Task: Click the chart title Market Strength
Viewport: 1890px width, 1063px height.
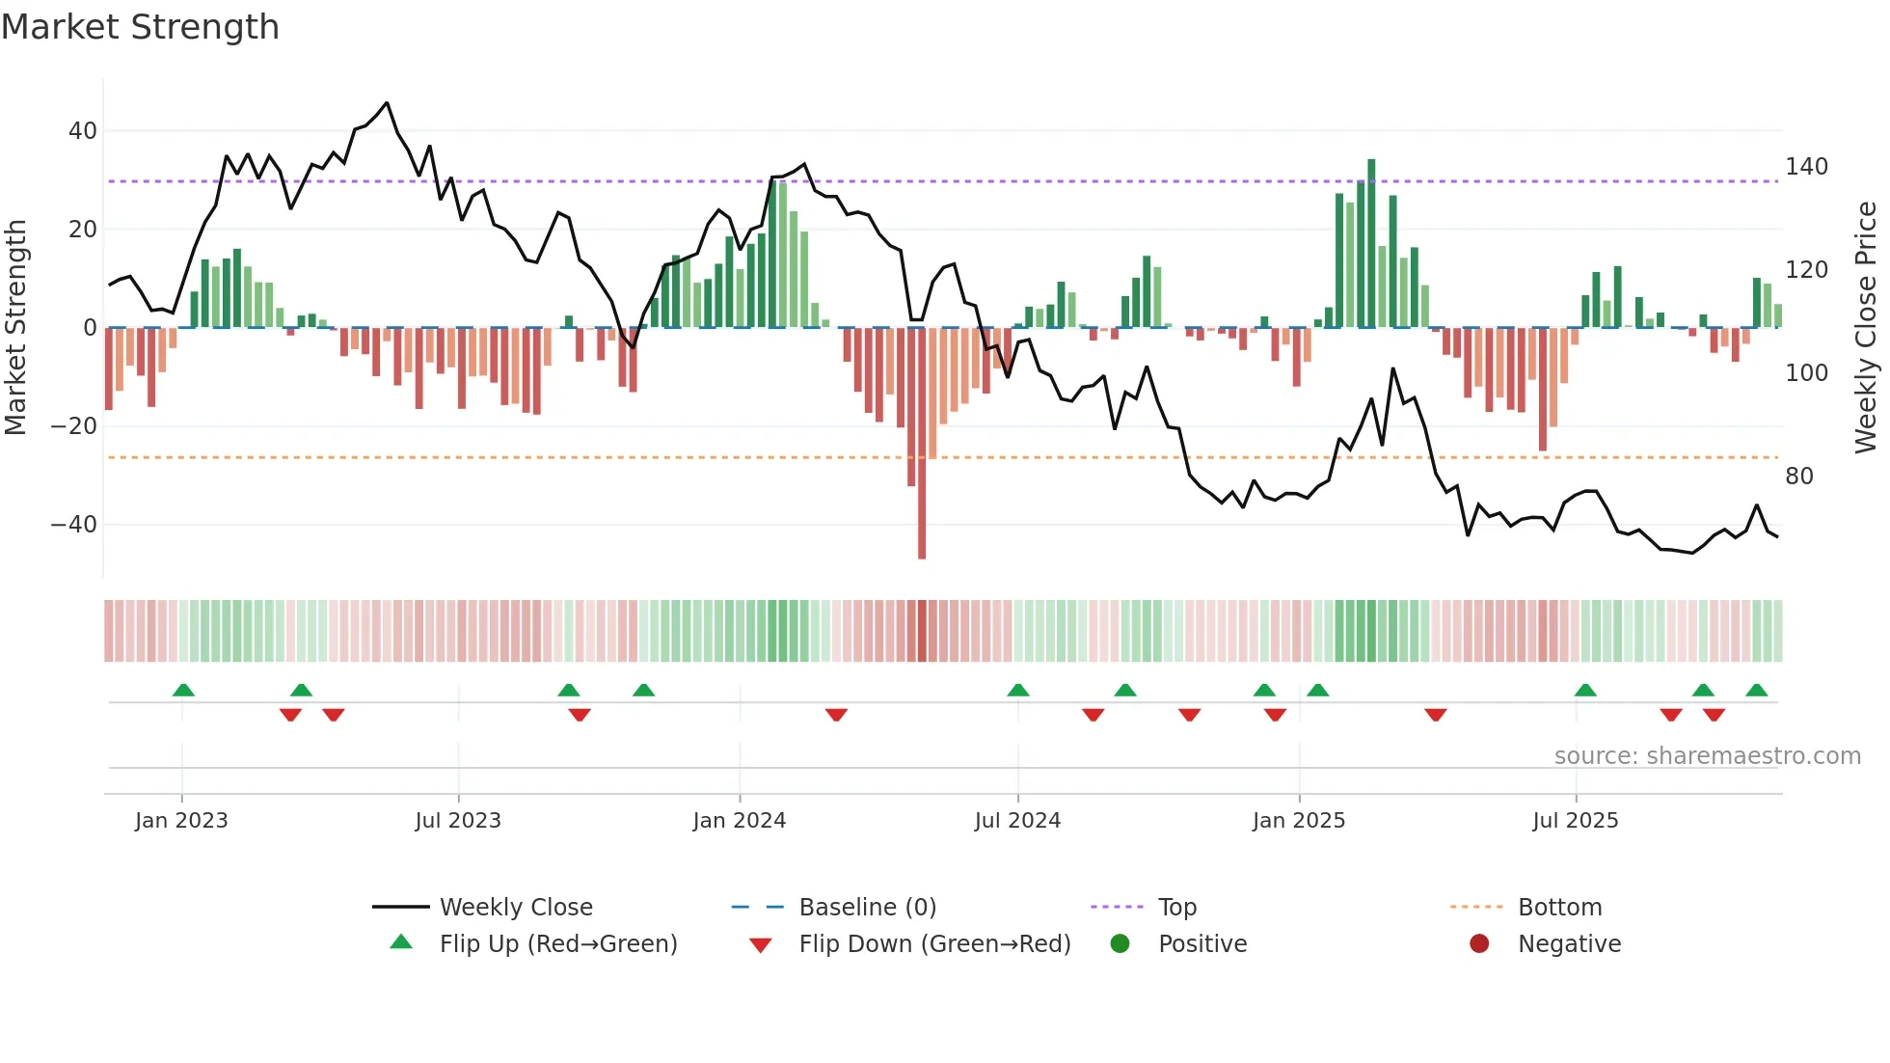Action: pyautogui.click(x=140, y=27)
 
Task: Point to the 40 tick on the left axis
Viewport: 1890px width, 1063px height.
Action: pyautogui.click(x=83, y=130)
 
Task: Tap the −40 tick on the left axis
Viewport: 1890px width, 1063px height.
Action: pyautogui.click(x=74, y=525)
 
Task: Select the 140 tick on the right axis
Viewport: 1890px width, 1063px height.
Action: pyautogui.click(x=1806, y=167)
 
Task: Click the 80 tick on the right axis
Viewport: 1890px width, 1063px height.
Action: pyautogui.click(x=1799, y=476)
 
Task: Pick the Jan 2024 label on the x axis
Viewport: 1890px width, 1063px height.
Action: pyautogui.click(x=740, y=821)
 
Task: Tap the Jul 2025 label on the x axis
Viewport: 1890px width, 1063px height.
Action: pyautogui.click(x=1576, y=821)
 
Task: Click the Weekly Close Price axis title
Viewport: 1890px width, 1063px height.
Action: pyautogui.click(x=1866, y=328)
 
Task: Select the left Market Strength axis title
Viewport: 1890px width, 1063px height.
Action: pyautogui.click(x=16, y=328)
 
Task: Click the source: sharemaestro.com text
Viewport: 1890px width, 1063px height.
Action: pyautogui.click(x=1707, y=756)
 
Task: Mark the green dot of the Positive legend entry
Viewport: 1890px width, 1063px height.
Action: pyautogui.click(x=1120, y=943)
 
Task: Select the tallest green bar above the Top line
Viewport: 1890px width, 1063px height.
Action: pyautogui.click(x=1371, y=241)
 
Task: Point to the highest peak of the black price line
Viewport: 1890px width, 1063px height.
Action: pyautogui.click(x=387, y=102)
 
